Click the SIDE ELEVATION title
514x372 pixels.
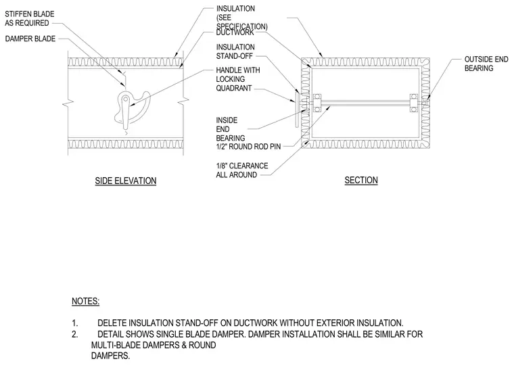tap(126, 181)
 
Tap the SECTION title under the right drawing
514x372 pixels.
tap(361, 181)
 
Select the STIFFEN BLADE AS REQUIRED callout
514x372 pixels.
tap(30, 19)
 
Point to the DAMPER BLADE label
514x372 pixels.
tap(30, 39)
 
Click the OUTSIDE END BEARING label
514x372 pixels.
tap(486, 64)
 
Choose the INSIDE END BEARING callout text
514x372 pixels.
tap(231, 129)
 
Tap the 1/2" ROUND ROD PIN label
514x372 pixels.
tap(248, 147)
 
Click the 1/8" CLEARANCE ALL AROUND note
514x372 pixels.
tap(242, 170)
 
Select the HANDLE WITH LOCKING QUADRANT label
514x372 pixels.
tap(238, 79)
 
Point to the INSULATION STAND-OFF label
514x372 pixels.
tap(235, 52)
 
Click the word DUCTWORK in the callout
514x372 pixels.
tap(235, 32)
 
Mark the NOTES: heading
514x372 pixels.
tap(86, 301)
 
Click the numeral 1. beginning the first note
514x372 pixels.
tap(75, 323)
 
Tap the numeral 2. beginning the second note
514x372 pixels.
tap(75, 334)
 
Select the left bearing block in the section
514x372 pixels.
tap(317, 103)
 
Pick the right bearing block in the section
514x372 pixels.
tap(414, 103)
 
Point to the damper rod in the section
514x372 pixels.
tap(365, 103)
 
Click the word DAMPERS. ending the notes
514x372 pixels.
tap(110, 356)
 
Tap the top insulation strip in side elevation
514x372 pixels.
tap(126, 62)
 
